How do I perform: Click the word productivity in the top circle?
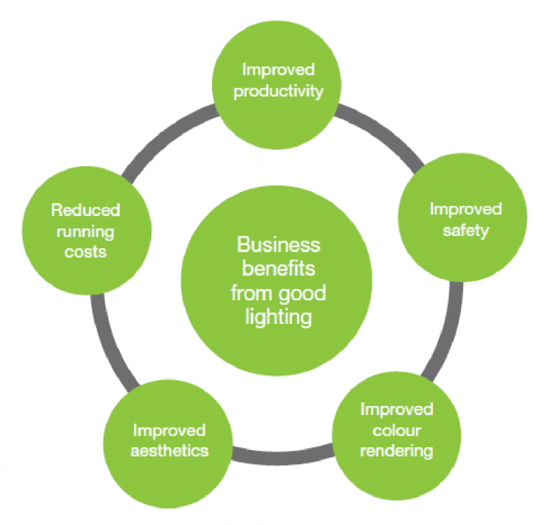click(x=278, y=91)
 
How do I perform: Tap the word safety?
click(x=465, y=230)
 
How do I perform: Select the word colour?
click(x=396, y=430)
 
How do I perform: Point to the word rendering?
click(x=396, y=451)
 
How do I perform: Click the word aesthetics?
click(x=169, y=451)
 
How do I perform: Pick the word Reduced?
click(x=86, y=210)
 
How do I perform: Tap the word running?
click(x=86, y=233)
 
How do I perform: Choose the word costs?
click(x=86, y=253)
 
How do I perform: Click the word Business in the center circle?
click(x=278, y=245)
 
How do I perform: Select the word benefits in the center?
click(x=278, y=270)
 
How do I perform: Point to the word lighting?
click(x=278, y=317)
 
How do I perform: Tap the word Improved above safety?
click(x=465, y=209)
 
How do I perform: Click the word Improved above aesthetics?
click(x=169, y=430)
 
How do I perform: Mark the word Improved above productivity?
click(x=278, y=70)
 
